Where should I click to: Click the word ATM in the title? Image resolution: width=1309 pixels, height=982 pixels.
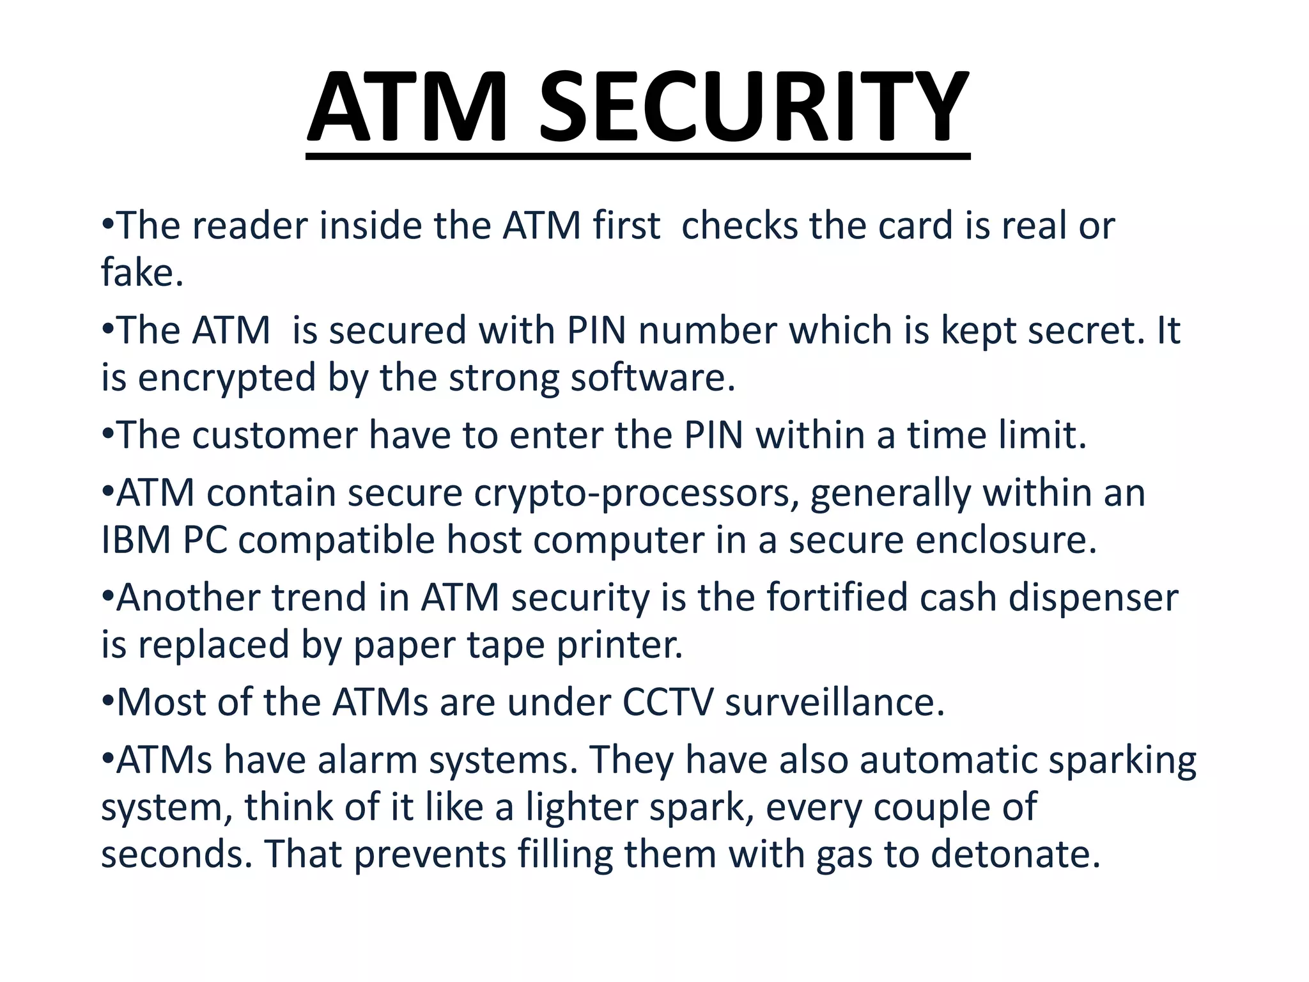(407, 107)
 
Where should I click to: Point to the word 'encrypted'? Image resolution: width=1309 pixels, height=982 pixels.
(227, 378)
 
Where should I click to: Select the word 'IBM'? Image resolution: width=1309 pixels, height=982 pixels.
(136, 540)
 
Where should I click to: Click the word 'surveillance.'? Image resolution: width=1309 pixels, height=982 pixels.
(835, 703)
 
